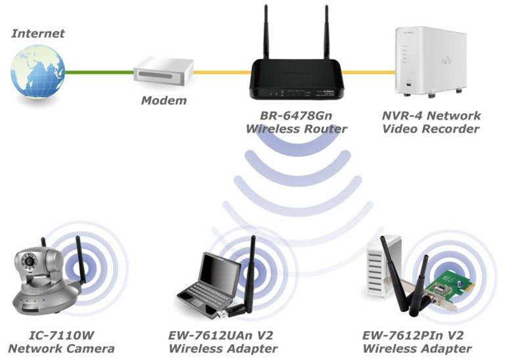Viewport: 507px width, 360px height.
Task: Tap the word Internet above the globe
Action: (x=38, y=33)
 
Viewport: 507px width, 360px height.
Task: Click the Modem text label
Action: (x=164, y=101)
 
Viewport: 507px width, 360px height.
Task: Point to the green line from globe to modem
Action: (x=99, y=72)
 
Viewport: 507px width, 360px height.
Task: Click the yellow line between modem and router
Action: (x=221, y=72)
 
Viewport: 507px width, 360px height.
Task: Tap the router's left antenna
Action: (x=267, y=33)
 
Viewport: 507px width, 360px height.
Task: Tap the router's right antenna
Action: (x=326, y=33)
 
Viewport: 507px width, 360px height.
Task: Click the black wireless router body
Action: (x=296, y=77)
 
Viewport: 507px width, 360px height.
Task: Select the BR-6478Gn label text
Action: (x=296, y=116)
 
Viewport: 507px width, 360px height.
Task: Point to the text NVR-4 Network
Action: (x=431, y=116)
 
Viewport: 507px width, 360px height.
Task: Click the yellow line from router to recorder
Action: (x=368, y=72)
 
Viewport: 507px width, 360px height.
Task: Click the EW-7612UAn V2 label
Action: (x=223, y=335)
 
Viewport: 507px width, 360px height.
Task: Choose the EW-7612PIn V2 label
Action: (x=417, y=335)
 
